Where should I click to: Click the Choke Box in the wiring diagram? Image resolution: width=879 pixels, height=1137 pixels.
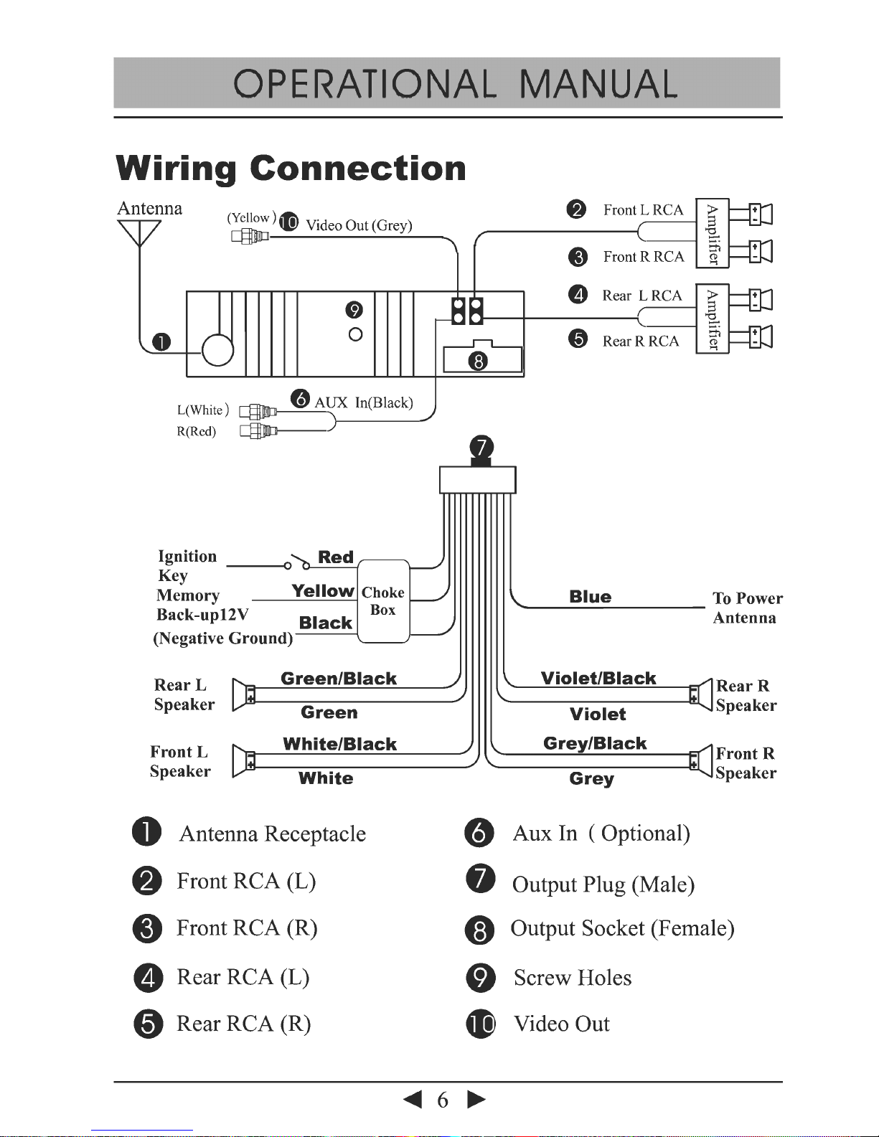click(383, 601)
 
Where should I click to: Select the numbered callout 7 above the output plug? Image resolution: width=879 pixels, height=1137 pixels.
click(481, 448)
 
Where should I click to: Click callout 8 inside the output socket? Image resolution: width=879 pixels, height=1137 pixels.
click(478, 360)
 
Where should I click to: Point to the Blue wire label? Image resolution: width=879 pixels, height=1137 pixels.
click(590, 597)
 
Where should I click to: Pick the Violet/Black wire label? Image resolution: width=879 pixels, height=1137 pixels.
click(598, 679)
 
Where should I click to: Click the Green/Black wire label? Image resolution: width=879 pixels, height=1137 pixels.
click(339, 679)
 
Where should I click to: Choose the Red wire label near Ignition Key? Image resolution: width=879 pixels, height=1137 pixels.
click(336, 557)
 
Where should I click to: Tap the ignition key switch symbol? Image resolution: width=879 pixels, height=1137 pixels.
click(296, 562)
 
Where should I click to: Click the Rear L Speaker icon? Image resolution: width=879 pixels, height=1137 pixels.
click(243, 694)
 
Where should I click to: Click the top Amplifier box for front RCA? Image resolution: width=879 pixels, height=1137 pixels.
click(712, 234)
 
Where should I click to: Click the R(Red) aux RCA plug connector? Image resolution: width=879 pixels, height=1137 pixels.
click(258, 431)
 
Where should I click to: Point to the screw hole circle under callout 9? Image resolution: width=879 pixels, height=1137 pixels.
click(355, 334)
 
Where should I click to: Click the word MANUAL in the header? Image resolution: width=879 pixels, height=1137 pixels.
click(598, 85)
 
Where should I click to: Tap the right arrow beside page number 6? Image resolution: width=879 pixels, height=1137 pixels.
click(476, 1100)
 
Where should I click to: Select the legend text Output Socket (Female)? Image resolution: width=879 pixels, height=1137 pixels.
click(622, 929)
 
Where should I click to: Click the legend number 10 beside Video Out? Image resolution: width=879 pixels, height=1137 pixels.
click(481, 1024)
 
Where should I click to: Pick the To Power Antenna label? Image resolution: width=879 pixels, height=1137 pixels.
click(747, 608)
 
